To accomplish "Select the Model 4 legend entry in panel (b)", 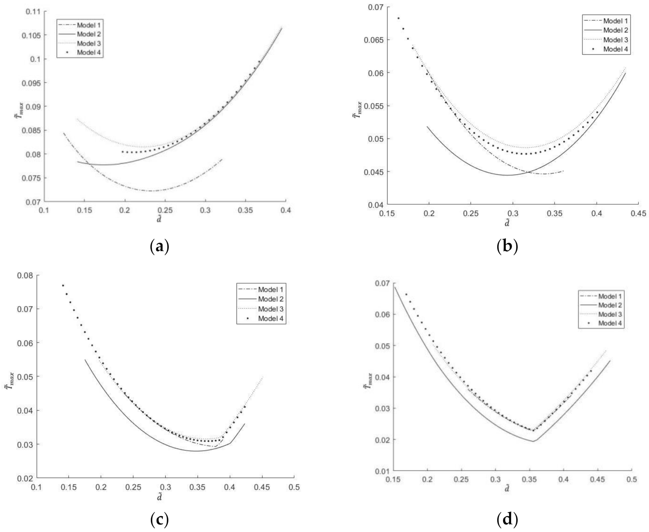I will point(615,49).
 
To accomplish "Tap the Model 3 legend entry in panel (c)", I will point(271,309).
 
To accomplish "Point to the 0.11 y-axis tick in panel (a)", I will point(34,11).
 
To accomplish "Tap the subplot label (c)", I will point(160,520).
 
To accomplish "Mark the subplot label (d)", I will point(507,520).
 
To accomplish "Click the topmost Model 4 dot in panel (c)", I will point(63,286).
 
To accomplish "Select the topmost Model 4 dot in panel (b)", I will point(398,18).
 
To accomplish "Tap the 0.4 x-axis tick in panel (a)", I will point(286,211).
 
